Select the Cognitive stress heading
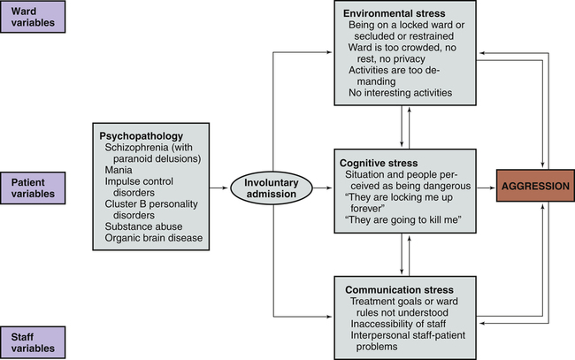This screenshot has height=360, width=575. pyautogui.click(x=381, y=163)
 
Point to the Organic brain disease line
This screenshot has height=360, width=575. pyautogui.click(x=153, y=237)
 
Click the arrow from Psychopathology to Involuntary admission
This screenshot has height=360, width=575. pyautogui.click(x=221, y=188)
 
